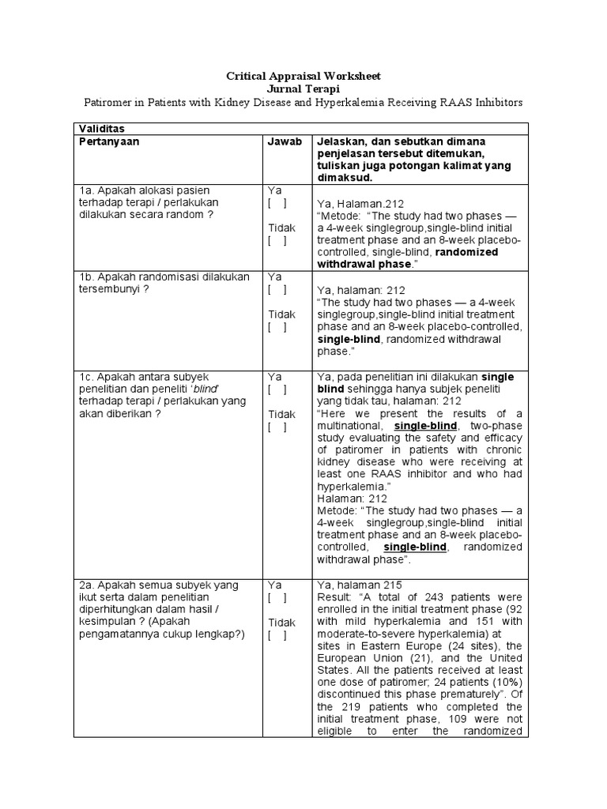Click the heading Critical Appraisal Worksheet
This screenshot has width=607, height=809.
coord(303,76)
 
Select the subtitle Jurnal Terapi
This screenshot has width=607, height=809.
coord(303,89)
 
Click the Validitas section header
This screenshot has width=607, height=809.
coord(101,128)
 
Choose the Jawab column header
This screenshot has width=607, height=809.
coord(284,141)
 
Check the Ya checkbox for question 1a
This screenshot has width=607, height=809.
coord(277,203)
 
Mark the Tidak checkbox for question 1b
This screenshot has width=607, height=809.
coord(277,327)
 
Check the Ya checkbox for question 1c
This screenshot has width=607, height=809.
coord(277,389)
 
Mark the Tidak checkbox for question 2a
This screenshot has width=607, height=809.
coord(277,635)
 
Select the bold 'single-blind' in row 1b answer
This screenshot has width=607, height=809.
coord(349,338)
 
